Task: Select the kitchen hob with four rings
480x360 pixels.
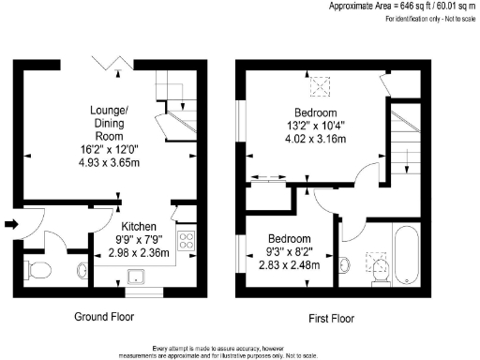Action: [x=185, y=240]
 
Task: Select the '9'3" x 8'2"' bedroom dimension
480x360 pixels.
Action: [x=289, y=251]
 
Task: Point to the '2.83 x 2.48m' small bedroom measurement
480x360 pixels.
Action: [x=289, y=264]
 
